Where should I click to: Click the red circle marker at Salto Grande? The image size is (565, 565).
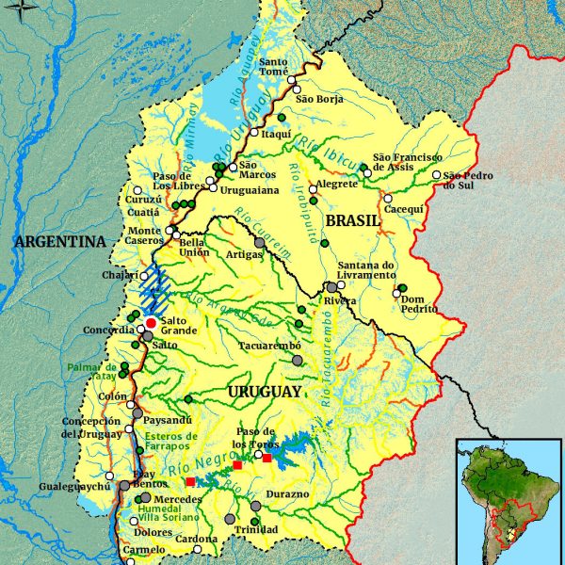tap(151, 323)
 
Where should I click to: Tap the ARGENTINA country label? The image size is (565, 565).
tap(59, 242)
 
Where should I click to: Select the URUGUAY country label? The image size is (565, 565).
tap(265, 391)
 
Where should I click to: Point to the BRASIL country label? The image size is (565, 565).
tap(352, 219)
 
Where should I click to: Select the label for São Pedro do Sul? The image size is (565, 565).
tap(468, 180)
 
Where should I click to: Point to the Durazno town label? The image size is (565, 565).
tap(288, 494)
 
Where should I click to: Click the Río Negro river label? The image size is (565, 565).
tap(192, 461)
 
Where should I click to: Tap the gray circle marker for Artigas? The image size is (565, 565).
tap(260, 243)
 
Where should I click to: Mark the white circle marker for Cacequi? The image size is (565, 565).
tap(386, 199)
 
